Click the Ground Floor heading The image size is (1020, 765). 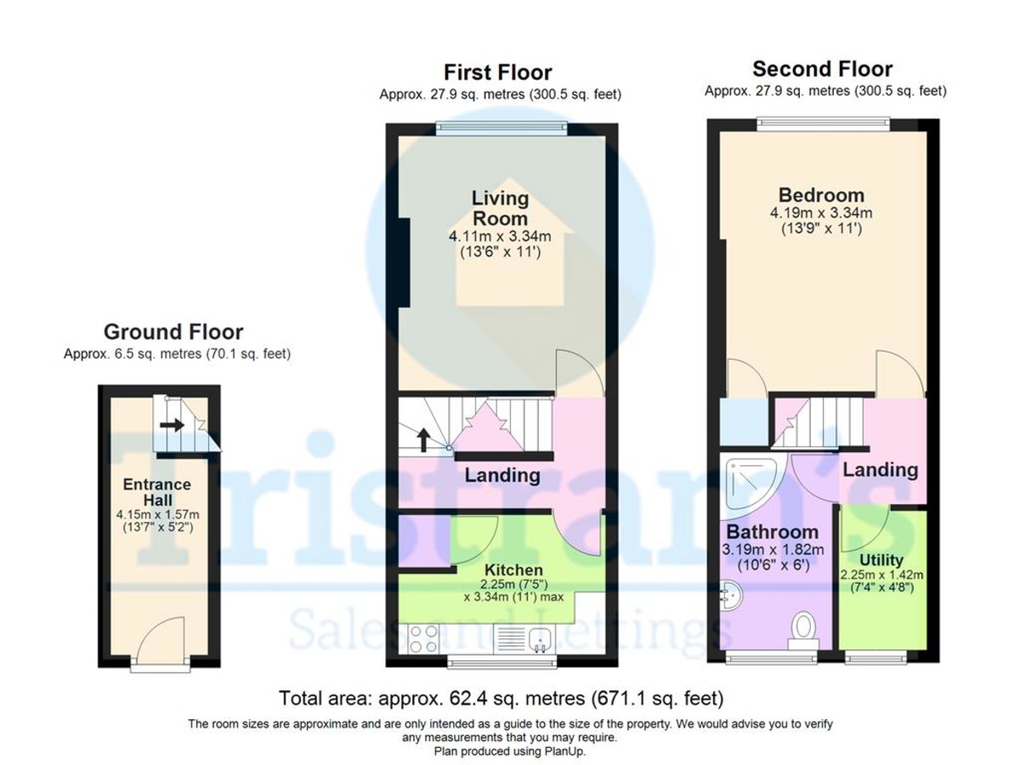(173, 331)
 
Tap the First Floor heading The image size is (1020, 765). (499, 72)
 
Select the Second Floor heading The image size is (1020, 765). (822, 69)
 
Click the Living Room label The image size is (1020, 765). (501, 208)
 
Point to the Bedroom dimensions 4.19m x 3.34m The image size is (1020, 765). (822, 212)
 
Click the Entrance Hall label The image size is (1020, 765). (157, 492)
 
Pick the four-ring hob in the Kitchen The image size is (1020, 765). (422, 638)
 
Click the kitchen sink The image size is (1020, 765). (539, 638)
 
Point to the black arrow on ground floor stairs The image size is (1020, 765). (172, 424)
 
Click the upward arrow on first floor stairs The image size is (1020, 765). (422, 439)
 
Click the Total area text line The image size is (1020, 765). (501, 699)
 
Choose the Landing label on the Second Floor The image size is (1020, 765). (880, 469)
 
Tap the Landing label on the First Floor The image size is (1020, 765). (501, 475)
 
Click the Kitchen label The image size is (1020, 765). (513, 569)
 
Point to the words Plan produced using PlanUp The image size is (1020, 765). (509, 751)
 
